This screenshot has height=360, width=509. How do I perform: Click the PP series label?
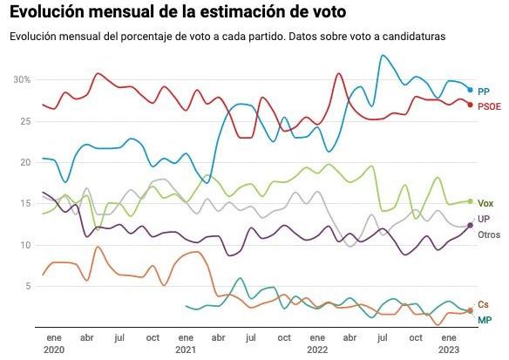[484, 91]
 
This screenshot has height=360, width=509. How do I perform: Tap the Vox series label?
[485, 202]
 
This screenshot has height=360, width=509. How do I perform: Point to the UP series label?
[484, 220]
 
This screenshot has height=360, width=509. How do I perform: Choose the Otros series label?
[488, 235]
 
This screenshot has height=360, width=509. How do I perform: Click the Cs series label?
[484, 303]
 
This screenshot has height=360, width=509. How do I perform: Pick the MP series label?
[484, 320]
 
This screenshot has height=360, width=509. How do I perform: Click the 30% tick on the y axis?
[22, 79]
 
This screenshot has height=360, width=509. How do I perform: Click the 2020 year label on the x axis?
[54, 348]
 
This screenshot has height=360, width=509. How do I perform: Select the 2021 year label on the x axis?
[185, 348]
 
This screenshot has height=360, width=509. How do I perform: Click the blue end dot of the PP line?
[471, 90]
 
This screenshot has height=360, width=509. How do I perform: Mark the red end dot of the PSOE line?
[471, 105]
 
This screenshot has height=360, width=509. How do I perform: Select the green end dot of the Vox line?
[471, 201]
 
